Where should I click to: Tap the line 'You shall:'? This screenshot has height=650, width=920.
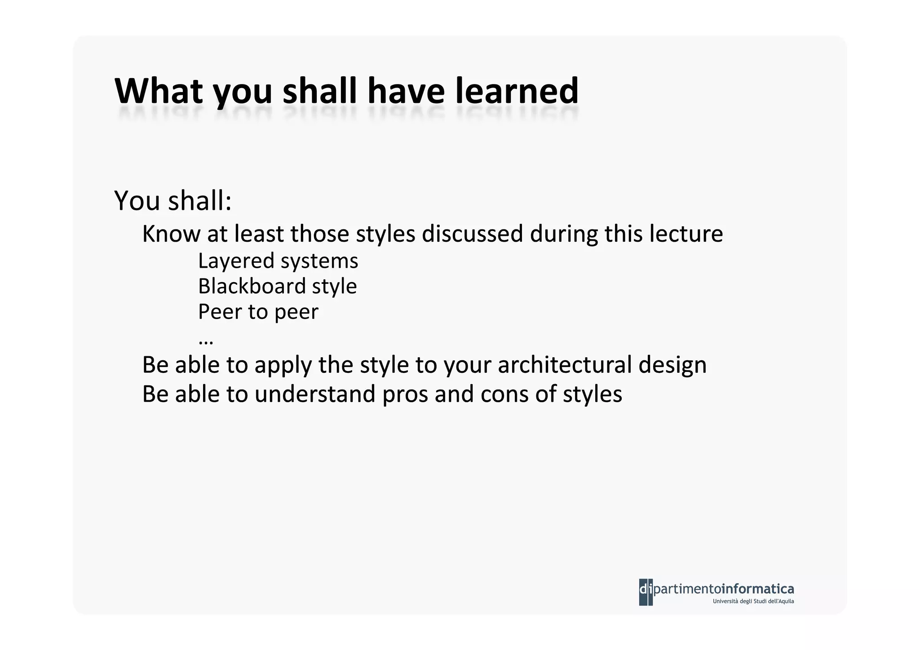click(x=173, y=200)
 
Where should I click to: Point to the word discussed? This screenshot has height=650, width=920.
click(x=472, y=234)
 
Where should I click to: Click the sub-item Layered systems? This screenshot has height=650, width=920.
click(x=278, y=261)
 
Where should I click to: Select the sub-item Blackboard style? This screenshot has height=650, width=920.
click(x=277, y=287)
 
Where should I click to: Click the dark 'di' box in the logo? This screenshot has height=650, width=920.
click(x=646, y=592)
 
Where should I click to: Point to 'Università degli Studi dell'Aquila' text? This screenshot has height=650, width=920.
click(x=753, y=601)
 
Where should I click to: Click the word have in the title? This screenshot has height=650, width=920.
click(x=406, y=91)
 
